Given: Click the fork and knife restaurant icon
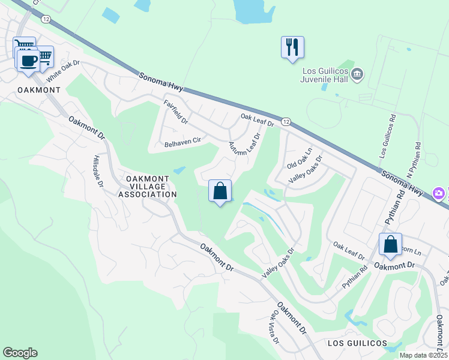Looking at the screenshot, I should [x=292, y=47].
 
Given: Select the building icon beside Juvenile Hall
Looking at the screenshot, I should [x=358, y=74].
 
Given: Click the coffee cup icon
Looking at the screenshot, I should [x=28, y=59].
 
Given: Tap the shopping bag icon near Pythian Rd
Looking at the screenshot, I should [x=390, y=245].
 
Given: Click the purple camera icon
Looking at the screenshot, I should [x=440, y=193].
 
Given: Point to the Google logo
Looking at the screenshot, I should [x=20, y=353].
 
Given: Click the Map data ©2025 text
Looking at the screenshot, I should [x=423, y=355].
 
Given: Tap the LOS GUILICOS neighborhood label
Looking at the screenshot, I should [x=357, y=343].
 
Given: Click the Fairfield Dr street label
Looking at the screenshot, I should [x=176, y=112].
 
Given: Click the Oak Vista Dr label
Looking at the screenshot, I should [x=274, y=327].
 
